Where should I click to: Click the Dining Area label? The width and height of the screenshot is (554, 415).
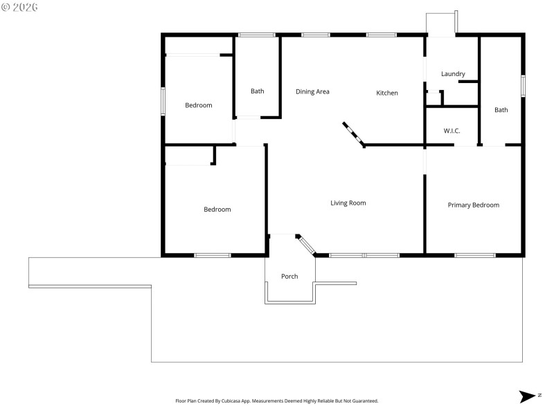coord(312,91)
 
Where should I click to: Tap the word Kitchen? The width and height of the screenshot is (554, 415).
coord(387,93)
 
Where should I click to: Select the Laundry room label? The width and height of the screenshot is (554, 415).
coord(453,74)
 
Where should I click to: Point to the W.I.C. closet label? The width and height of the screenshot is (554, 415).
coord(452,131)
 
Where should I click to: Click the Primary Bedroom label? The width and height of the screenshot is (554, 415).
coord(473,205)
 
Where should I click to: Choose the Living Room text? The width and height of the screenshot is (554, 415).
coord(348,203)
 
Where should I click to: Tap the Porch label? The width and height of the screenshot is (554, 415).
coord(289,277)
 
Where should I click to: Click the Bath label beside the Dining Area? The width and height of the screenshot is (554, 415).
coord(257,91)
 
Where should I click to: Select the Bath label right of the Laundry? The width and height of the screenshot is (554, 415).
coord(501,110)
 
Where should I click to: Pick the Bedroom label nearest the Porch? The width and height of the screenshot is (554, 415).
coord(217,210)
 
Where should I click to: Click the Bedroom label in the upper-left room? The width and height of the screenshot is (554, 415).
coord(198,105)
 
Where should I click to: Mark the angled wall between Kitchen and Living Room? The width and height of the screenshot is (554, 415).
coord(353,134)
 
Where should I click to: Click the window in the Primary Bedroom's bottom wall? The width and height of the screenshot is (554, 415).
coord(474,255)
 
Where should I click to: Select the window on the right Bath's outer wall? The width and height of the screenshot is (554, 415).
coord(523,85)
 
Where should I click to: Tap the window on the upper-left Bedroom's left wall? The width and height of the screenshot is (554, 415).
coord(163,101)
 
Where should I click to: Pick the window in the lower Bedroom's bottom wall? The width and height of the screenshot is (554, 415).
coord(212,255)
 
